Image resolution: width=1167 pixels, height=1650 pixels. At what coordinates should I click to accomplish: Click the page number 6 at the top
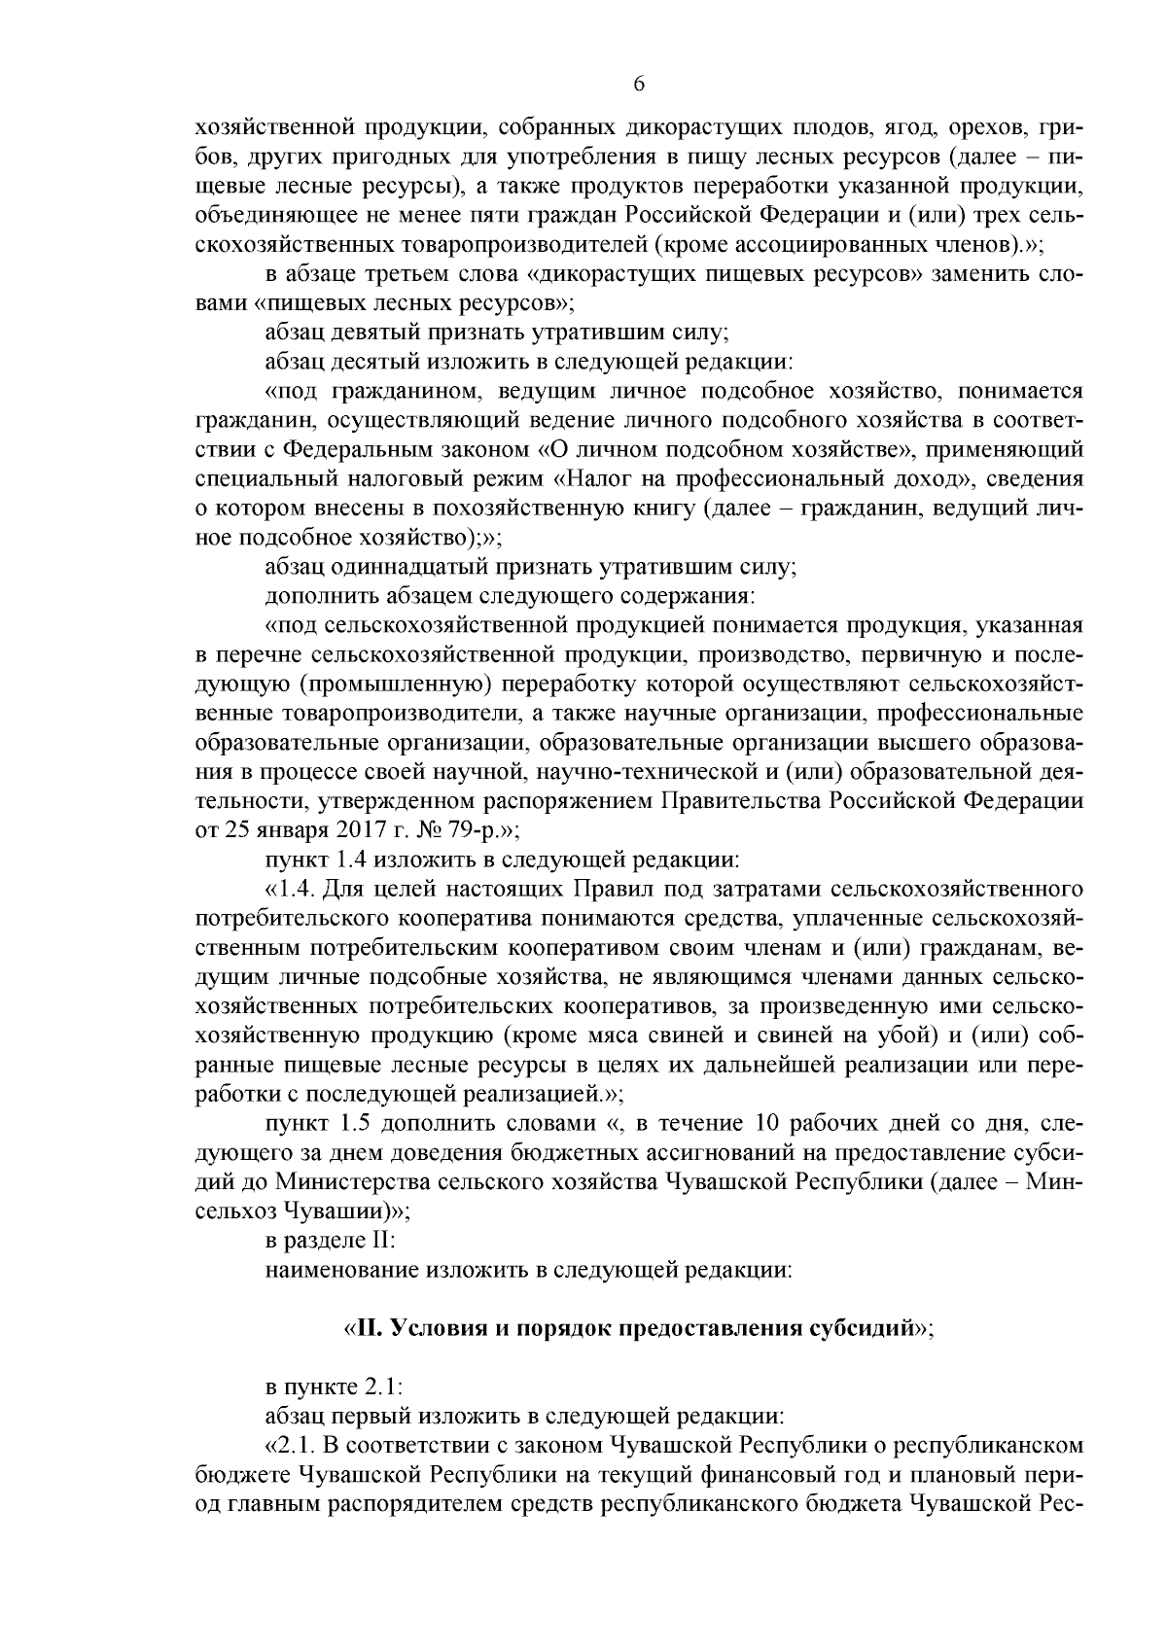[x=638, y=84]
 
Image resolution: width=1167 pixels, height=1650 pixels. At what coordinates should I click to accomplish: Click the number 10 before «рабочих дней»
[x=767, y=1124]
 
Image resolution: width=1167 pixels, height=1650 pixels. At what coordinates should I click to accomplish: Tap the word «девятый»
[x=367, y=333]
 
